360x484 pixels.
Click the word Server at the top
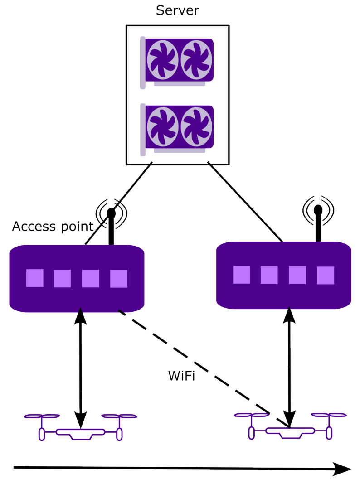point(177,10)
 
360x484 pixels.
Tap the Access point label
point(53,227)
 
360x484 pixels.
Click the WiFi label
point(181,376)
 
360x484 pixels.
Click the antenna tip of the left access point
point(111,213)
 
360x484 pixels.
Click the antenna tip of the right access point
point(318,210)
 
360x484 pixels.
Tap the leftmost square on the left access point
point(35,278)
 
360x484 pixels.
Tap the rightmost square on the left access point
point(119,279)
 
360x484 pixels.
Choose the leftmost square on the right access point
point(242,275)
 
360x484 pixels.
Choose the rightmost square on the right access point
point(326,276)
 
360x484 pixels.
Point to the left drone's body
point(81,433)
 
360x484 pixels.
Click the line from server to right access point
point(245,201)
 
